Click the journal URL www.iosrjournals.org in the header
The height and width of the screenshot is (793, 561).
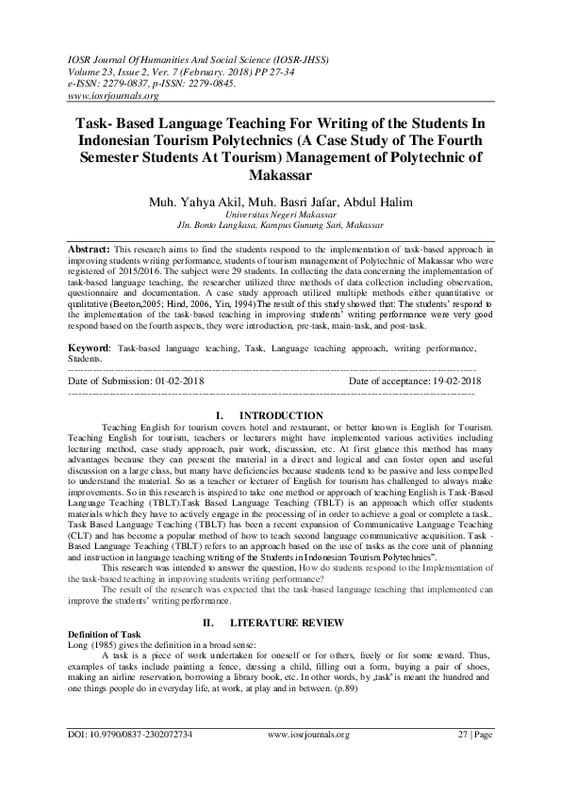tap(111, 95)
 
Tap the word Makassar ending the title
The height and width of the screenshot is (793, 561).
tap(280, 175)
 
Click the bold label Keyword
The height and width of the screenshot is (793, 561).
tap(89, 348)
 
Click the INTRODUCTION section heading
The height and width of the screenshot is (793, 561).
tap(281, 415)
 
